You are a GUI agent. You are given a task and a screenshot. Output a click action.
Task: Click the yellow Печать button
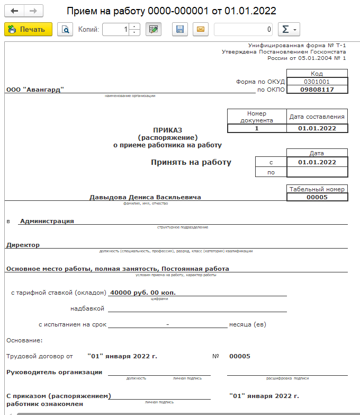tap(28, 30)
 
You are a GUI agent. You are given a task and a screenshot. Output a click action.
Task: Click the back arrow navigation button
tap(14, 11)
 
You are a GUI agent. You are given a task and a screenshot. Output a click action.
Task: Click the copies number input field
tap(115, 30)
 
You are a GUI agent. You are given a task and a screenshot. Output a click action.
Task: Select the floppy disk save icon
tap(180, 30)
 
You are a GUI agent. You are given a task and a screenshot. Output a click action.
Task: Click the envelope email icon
tap(201, 30)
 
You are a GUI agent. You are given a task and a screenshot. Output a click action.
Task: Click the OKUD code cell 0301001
tap(317, 82)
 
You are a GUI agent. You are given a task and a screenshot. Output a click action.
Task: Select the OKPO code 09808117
tap(317, 90)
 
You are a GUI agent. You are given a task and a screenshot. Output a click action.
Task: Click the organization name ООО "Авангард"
tap(35, 90)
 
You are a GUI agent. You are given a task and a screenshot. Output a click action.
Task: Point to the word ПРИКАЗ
tap(167, 130)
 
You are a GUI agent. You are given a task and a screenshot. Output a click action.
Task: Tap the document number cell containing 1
tap(257, 128)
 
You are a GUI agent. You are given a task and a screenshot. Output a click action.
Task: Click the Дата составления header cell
tap(317, 117)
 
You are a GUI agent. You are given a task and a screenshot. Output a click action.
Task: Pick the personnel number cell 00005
tap(317, 197)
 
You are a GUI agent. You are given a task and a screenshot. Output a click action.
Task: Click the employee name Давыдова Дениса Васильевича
tap(146, 197)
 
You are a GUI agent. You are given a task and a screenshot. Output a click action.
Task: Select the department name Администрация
tap(47, 221)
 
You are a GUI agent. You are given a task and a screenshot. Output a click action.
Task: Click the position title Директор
tap(23, 245)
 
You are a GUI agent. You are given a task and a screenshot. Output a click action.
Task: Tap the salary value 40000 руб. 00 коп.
tap(142, 292)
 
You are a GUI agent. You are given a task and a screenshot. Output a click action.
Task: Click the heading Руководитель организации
tap(54, 372)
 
